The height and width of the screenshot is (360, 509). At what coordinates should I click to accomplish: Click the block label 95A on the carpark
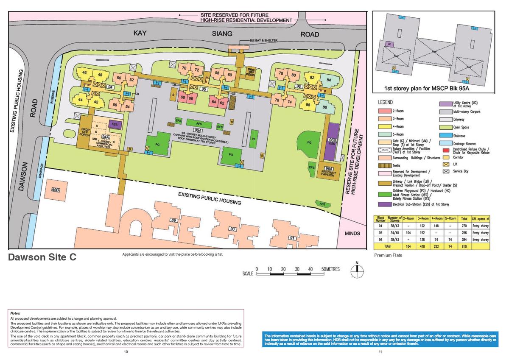click(197, 130)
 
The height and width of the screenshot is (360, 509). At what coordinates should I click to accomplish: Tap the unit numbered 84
click(328, 80)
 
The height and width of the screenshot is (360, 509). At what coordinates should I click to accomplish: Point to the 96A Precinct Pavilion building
click(329, 171)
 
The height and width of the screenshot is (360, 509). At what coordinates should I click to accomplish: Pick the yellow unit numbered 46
click(85, 73)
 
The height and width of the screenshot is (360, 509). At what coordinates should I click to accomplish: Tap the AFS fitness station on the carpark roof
click(199, 123)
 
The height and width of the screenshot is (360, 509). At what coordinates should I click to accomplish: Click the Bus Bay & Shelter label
click(264, 40)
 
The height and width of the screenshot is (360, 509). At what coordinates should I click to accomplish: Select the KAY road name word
click(140, 33)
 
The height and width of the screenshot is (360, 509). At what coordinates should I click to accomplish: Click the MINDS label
click(352, 233)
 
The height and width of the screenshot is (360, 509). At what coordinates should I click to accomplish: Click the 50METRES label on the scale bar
click(330, 270)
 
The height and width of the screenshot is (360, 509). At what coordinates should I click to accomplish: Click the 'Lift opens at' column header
click(481, 219)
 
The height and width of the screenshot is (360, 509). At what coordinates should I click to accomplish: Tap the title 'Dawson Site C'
click(42, 257)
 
